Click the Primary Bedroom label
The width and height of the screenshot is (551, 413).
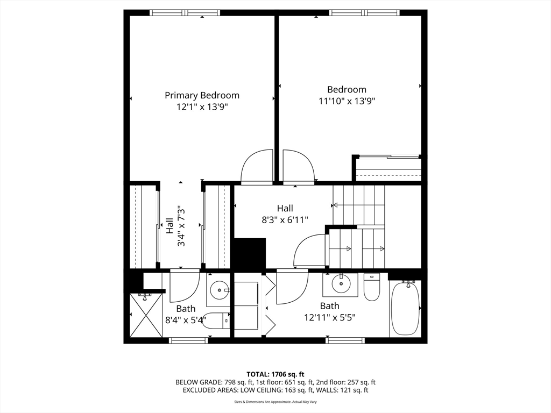(x=202, y=95)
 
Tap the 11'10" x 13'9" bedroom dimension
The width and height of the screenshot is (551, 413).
(x=347, y=101)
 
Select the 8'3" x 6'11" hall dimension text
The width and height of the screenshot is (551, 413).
(x=285, y=219)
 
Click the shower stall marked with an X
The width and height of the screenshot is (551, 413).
(x=146, y=315)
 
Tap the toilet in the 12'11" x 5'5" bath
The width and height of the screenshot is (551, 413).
(x=372, y=287)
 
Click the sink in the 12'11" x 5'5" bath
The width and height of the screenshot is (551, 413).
(x=340, y=283)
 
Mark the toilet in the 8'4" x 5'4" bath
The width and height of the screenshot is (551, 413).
(x=218, y=321)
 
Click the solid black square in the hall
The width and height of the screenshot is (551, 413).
(x=250, y=253)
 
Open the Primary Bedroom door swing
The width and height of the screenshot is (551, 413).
(x=257, y=167)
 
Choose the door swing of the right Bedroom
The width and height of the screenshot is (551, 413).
(x=298, y=167)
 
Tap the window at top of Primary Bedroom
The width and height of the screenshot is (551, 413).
(x=185, y=12)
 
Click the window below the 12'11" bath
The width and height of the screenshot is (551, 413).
(x=345, y=340)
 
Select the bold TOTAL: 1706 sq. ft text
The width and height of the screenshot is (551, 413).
(x=275, y=374)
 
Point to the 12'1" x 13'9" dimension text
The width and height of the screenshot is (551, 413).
(x=202, y=106)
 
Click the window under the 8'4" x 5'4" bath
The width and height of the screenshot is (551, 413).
(x=188, y=340)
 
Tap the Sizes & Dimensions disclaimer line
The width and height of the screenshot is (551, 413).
(x=275, y=402)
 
